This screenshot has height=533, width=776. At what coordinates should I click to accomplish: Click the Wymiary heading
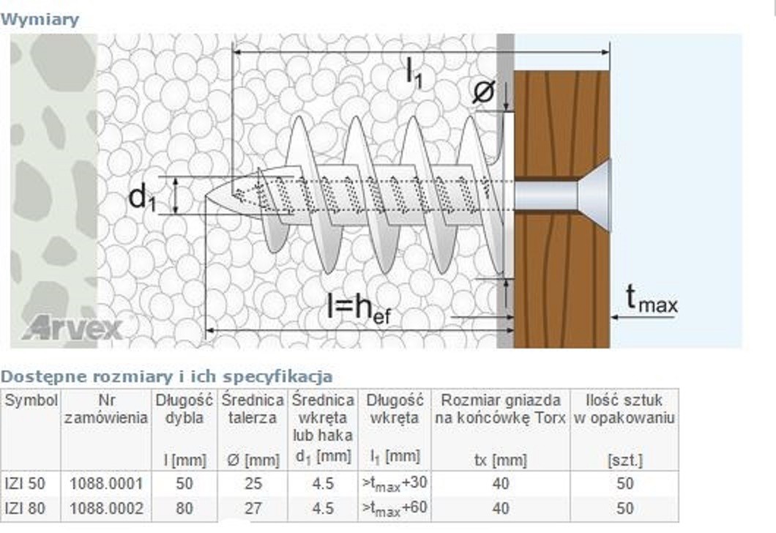[x=40, y=20]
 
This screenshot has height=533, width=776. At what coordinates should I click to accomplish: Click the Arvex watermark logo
[x=72, y=328]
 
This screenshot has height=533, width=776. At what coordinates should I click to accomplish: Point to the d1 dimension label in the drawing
[x=142, y=197]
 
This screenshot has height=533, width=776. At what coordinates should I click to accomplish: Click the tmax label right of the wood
[x=652, y=299]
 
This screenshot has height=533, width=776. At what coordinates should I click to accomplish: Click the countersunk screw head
[x=594, y=195]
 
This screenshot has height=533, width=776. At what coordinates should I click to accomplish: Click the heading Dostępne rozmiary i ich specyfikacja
[x=166, y=376]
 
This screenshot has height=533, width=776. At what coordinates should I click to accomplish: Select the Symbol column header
[x=31, y=400]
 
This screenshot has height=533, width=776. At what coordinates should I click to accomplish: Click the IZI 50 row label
[x=25, y=483]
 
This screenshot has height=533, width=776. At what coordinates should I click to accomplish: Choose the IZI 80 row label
[x=25, y=508]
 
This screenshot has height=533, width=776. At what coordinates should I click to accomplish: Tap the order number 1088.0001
[x=106, y=483]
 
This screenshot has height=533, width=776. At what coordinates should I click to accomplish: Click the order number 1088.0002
[x=106, y=508]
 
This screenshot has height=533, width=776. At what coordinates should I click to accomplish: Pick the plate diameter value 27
[x=253, y=508]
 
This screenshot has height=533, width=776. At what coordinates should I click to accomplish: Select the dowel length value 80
[x=184, y=508]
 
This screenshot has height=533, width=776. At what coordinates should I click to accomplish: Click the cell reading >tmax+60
[x=395, y=509]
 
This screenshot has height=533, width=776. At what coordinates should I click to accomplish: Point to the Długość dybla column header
[x=184, y=409]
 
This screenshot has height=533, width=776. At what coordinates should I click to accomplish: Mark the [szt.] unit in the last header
[x=624, y=461]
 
